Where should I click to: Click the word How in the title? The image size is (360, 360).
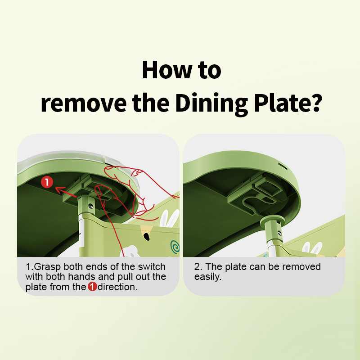[167, 70]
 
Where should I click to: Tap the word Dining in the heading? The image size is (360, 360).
[211, 104]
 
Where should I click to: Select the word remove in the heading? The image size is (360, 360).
[83, 104]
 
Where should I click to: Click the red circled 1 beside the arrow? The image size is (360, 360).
[47, 182]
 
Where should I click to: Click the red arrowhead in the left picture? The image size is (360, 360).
[59, 190]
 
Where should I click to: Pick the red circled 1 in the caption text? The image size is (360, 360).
[92, 287]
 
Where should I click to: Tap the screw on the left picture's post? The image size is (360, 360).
[91, 206]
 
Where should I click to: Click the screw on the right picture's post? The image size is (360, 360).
[279, 233]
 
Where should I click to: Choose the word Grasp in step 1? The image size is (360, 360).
[47, 267]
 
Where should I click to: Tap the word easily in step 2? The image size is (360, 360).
[208, 277]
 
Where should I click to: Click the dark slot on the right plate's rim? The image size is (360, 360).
[283, 166]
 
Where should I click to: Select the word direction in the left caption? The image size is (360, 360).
[117, 287]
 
